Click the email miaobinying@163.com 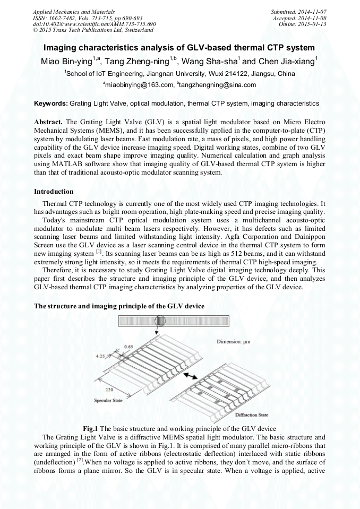140,85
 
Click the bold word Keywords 50,103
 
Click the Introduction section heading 54,191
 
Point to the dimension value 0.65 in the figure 128,347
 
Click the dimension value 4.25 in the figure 100,357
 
